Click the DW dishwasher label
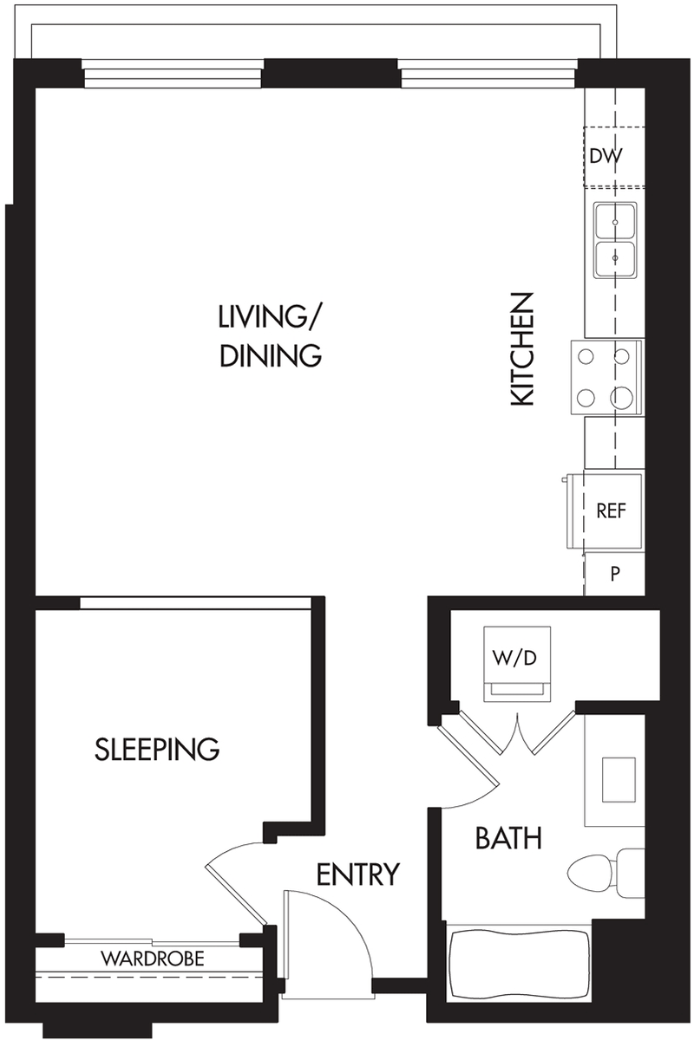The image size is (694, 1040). pos(605,157)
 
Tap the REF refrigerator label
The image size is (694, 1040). pos(612,510)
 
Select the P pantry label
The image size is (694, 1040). pos(615,575)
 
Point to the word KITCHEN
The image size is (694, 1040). pos(522,349)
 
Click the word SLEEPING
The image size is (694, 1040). pos(157,749)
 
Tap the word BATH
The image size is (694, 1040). pos(508,838)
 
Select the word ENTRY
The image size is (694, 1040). pos(358,874)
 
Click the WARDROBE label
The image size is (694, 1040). pos(153,959)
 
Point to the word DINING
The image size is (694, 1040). pos(271,355)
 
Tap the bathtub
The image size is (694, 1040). pos(518,963)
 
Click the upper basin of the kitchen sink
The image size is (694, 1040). pos(615,222)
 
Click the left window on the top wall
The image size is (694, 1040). pos(173,74)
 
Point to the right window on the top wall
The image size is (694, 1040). pos(488,74)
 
